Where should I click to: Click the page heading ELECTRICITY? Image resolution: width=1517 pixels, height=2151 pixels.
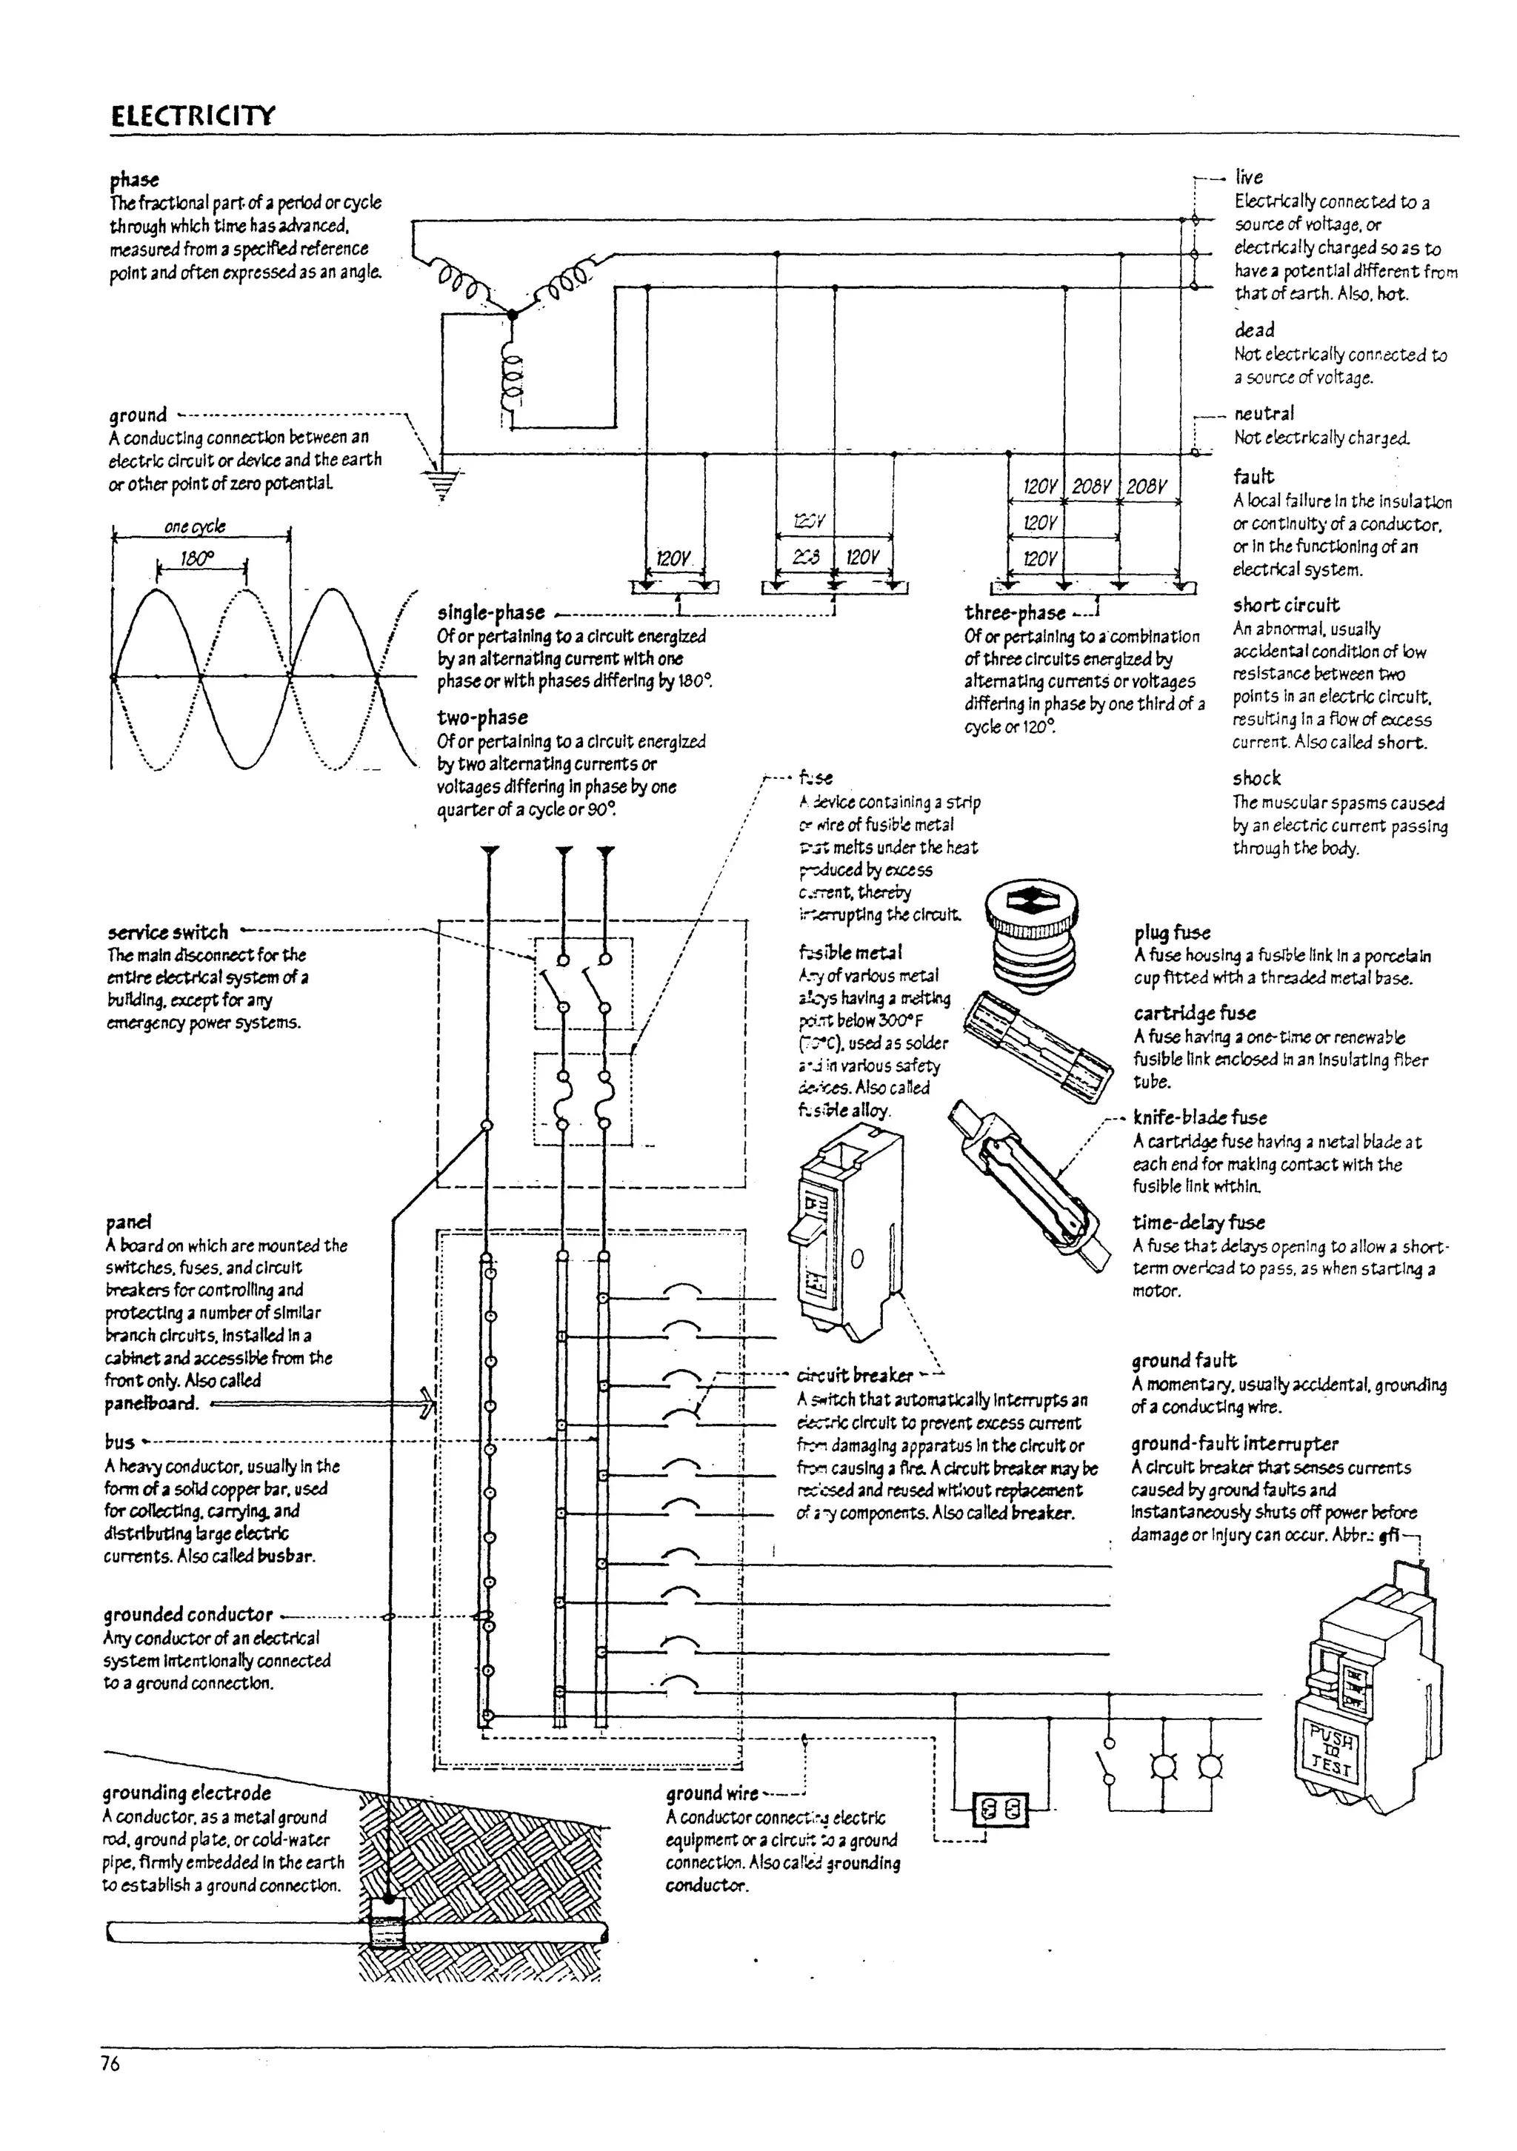(193, 117)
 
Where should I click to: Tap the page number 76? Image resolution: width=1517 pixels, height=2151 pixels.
(110, 2064)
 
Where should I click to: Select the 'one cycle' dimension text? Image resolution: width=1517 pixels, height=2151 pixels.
(195, 526)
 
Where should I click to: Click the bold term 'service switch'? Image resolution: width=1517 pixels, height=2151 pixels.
(169, 932)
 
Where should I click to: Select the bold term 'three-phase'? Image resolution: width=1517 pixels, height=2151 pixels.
(1015, 612)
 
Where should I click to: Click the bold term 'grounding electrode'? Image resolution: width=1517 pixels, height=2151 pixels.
(187, 1793)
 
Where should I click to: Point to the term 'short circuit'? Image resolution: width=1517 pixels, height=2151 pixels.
(1286, 604)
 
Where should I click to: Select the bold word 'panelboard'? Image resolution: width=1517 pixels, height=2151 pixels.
(151, 1403)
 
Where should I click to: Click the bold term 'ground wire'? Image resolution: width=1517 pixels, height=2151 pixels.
(712, 1794)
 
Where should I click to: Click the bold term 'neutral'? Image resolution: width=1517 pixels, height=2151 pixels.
(1264, 413)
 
